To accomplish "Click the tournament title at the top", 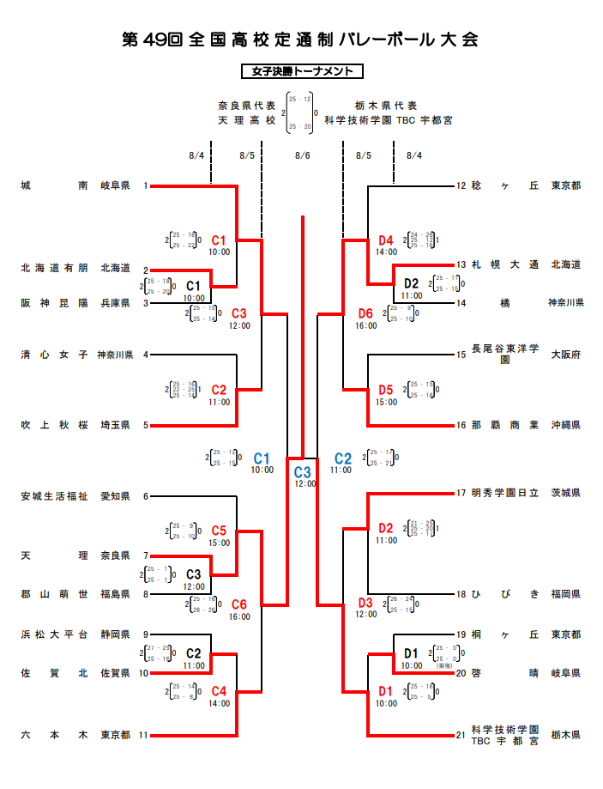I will [300, 40].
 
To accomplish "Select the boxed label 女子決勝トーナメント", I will [302, 72].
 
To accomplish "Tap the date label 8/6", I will [302, 155].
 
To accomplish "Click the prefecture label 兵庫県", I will [115, 302].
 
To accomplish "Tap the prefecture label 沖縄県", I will [565, 425].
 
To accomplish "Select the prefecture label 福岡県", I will [565, 594].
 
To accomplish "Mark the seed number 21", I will [461, 735].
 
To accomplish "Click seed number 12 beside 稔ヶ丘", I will [461, 185].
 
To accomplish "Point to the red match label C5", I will [219, 531].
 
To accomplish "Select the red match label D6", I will [366, 313].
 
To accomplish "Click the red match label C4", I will [219, 691].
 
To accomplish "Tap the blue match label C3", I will [302, 471].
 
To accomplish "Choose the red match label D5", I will [385, 390].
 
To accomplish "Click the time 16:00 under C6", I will [239, 616].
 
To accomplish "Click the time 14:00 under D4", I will [386, 252].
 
